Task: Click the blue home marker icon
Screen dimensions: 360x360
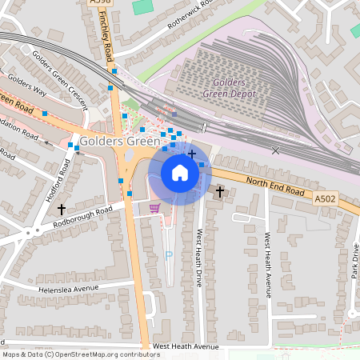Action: click(x=180, y=172)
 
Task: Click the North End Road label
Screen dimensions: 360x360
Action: click(x=276, y=187)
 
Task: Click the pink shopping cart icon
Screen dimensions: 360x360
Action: click(x=154, y=207)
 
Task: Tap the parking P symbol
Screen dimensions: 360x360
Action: click(x=168, y=255)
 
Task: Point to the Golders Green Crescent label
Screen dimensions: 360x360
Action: click(x=59, y=76)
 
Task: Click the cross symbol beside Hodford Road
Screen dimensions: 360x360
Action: click(x=61, y=209)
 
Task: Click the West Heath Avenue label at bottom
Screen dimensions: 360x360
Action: click(x=186, y=346)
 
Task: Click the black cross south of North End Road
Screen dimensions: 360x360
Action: click(x=219, y=192)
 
